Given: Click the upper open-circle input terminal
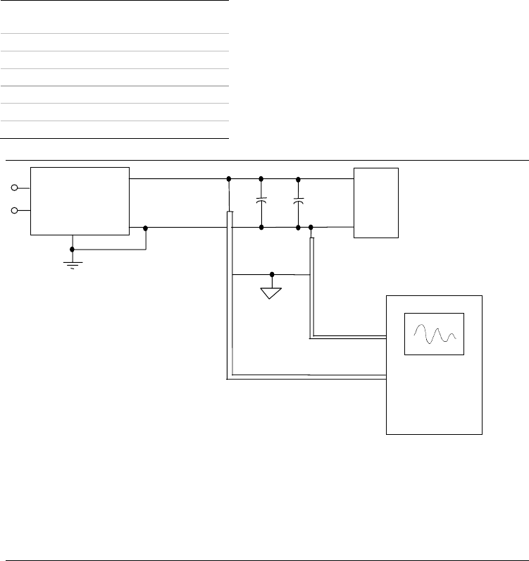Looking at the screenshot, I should pos(15,188).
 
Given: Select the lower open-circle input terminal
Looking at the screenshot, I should pos(15,210).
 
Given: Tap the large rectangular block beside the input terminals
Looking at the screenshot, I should pos(80,201).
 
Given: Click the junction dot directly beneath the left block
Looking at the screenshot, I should pos(73,249).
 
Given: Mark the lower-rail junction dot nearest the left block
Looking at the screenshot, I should pos(146,228).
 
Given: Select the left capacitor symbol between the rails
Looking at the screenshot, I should pos(261,202).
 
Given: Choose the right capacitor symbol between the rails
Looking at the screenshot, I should pos(299,202).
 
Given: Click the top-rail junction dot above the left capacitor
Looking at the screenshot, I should pos(261,178).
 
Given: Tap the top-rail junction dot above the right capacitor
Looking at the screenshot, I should pos(299,178).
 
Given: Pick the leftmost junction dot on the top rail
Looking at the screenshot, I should pos(230,178).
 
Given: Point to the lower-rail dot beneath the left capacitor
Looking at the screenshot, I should pos(261,228).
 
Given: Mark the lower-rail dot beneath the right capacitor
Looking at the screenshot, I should pos(299,228).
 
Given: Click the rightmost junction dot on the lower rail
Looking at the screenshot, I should pos(311,228).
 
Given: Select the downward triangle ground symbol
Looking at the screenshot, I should pos(272,292).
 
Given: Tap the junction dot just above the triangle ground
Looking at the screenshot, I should pos(272,274).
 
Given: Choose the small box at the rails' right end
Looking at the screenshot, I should pos(377,204).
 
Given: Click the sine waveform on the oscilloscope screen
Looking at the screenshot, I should pos(434,333).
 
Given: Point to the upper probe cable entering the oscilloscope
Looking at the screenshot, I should pos(349,336).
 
